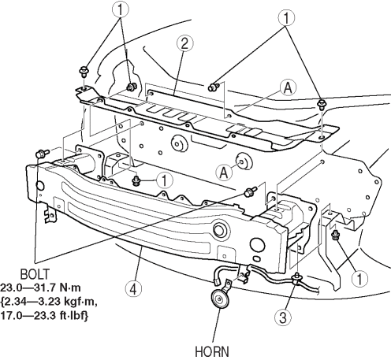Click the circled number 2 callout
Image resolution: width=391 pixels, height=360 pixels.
[184, 43]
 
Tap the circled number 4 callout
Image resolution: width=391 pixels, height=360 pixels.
[134, 289]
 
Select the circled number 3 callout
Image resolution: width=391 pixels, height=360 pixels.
[283, 317]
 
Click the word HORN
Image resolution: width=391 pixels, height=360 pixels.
[212, 351]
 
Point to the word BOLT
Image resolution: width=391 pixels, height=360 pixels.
[35, 274]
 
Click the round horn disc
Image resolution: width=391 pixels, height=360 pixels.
[220, 299]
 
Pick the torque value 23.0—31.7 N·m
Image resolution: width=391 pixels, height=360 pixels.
[40, 288]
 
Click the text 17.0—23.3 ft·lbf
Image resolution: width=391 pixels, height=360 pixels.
[44, 315]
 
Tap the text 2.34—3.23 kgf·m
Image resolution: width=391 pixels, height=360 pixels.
[49, 302]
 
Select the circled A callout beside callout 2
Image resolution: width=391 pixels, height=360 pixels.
[289, 87]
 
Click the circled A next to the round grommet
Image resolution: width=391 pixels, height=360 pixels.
[224, 173]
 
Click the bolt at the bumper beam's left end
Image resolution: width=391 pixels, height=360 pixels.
[42, 153]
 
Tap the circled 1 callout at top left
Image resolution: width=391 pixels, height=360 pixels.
[121, 10]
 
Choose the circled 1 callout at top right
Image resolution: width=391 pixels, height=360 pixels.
[286, 18]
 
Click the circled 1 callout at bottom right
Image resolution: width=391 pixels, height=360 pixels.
[359, 278]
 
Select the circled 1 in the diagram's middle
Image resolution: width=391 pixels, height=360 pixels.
[165, 180]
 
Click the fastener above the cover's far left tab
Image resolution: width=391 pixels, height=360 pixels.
[84, 72]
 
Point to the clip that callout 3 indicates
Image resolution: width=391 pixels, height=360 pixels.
[297, 279]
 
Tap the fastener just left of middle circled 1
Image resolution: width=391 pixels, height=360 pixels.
[136, 180]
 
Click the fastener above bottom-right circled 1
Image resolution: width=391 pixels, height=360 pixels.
[336, 235]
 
